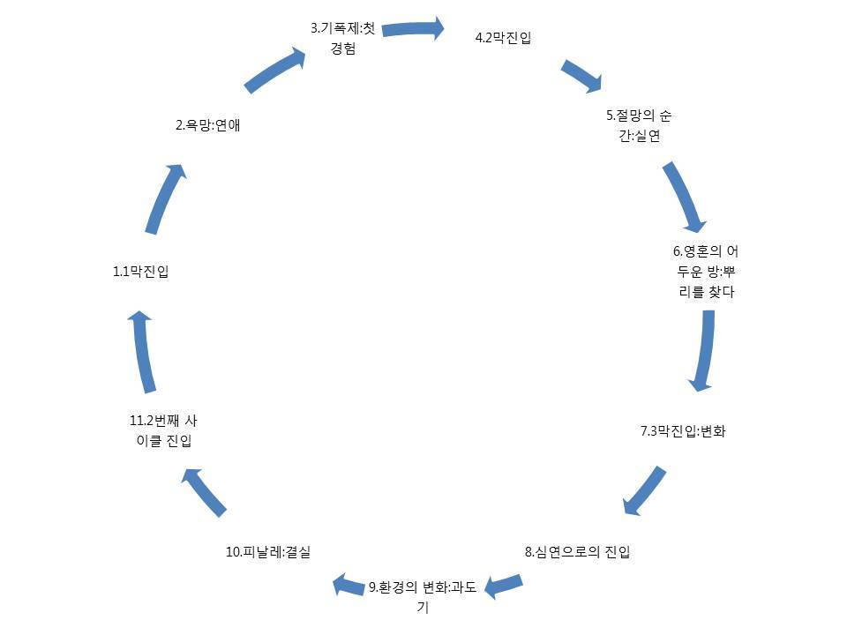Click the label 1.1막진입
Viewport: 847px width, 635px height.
coord(141,272)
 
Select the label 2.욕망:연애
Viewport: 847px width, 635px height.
coord(208,125)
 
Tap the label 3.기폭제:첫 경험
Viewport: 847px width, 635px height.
coord(342,39)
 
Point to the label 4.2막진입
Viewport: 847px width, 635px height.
coord(503,38)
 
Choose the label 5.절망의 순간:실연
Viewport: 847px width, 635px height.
coord(645,125)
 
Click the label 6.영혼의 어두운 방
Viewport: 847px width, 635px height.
coord(705,272)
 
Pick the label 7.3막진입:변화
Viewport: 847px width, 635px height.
coord(683,431)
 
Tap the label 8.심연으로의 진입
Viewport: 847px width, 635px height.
coord(578,552)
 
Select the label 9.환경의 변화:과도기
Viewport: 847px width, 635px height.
coord(423,596)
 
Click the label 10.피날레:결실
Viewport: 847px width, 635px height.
coord(268,552)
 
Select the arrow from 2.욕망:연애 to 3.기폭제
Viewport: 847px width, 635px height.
coord(275,71)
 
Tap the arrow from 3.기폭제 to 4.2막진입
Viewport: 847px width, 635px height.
coord(413,28)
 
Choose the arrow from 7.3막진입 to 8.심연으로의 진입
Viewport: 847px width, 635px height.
coord(644,490)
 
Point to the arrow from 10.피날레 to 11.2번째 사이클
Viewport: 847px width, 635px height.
coord(205,492)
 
